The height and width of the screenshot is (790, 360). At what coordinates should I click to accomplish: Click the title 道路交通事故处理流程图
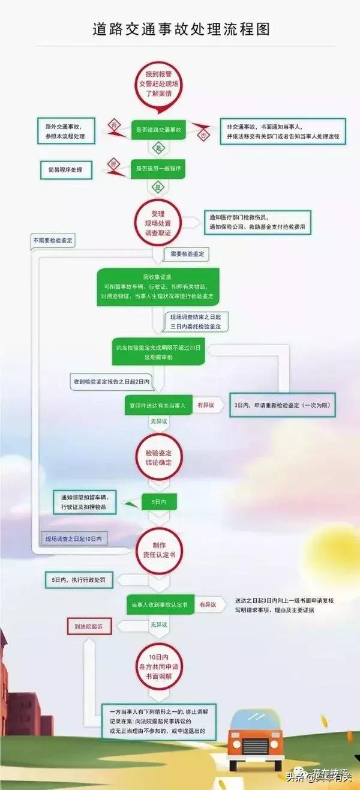181,29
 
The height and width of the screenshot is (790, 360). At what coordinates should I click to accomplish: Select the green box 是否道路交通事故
158,130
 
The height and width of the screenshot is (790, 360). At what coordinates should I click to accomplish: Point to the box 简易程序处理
65,170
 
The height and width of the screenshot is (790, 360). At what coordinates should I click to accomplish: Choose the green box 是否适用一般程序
158,169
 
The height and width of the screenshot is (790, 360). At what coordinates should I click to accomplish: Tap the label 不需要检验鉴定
57,241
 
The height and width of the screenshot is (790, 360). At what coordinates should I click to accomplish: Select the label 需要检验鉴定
187,255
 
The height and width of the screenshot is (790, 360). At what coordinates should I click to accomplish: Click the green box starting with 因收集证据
158,286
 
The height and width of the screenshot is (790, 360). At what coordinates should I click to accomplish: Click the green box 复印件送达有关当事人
158,406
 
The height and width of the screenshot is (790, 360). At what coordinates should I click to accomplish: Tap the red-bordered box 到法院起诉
89,626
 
